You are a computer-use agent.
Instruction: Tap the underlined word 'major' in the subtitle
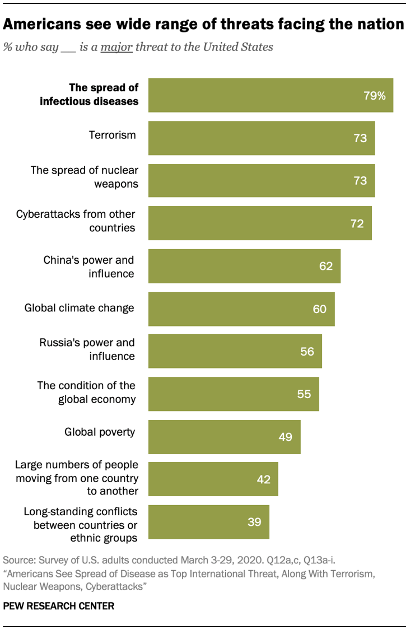pyautogui.click(x=117, y=47)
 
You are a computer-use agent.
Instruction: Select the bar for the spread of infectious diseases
pyautogui.click(x=271, y=95)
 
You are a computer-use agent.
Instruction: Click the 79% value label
pyautogui.click(x=374, y=96)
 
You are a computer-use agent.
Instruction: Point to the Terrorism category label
pyautogui.click(x=113, y=135)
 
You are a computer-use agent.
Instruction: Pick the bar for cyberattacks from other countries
pyautogui.click(x=260, y=223)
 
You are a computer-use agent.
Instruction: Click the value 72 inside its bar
pyautogui.click(x=357, y=224)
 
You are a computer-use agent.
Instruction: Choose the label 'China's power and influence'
pyautogui.click(x=89, y=267)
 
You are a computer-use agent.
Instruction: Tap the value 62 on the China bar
pyautogui.click(x=326, y=266)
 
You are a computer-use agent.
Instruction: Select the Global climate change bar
pyautogui.click(x=241, y=309)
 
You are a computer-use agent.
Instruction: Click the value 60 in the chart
pyautogui.click(x=320, y=309)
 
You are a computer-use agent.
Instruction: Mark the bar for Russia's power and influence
pyautogui.click(x=235, y=352)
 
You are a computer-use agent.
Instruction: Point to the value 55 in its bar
pyautogui.click(x=304, y=394)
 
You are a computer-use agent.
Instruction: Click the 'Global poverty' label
pyautogui.click(x=100, y=432)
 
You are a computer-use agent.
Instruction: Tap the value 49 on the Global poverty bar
pyautogui.click(x=286, y=437)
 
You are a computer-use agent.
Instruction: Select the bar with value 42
pyautogui.click(x=213, y=479)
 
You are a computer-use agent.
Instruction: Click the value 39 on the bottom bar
pyautogui.click(x=254, y=522)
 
